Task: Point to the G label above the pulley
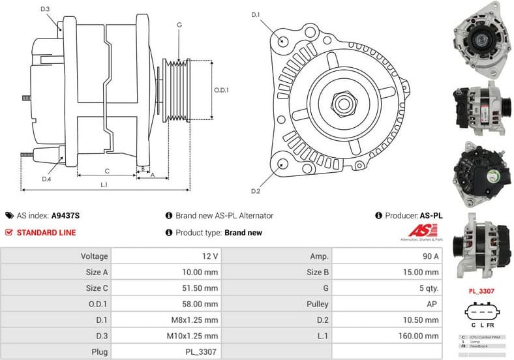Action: point(179,25)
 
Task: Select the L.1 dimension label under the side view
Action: point(104,185)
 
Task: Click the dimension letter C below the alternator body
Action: point(106,170)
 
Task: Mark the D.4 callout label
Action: point(46,179)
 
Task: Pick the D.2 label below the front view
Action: point(256,190)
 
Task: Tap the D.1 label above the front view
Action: point(256,14)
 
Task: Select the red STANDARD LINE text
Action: point(46,232)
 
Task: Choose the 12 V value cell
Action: point(210,256)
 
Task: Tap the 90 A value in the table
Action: point(431,256)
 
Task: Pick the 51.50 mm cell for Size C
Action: point(202,288)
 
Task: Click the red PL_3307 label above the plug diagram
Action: point(483,291)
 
